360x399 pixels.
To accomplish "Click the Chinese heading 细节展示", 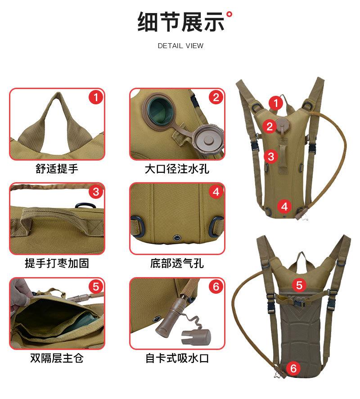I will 180,22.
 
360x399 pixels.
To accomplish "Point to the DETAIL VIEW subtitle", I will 180,46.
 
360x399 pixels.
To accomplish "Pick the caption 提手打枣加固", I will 57,263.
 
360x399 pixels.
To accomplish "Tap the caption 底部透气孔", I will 177,263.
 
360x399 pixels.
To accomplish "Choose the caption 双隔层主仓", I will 57,358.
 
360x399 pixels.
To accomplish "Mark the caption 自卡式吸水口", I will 177,358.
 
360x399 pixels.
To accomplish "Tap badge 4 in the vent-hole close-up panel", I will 216,192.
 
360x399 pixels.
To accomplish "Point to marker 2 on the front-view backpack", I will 269,126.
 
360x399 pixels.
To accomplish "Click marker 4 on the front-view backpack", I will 284,206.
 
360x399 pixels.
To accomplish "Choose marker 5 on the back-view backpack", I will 299,285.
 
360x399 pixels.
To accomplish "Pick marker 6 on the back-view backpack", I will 293,369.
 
